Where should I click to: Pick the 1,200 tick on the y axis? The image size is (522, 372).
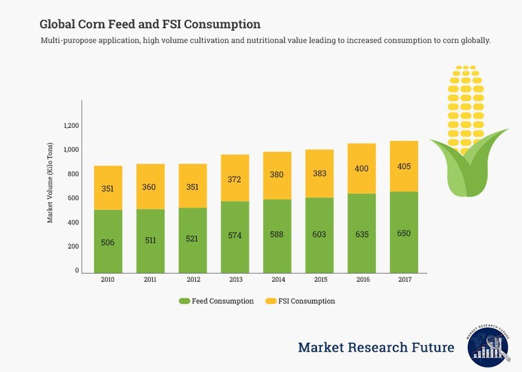point(71,126)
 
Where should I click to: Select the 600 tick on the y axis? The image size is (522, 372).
point(73,198)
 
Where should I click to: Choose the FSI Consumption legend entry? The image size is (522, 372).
point(300,302)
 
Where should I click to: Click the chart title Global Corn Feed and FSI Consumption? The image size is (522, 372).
point(150,24)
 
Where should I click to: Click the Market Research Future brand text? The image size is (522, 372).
point(376,347)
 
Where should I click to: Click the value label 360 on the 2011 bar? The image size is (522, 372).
point(150,187)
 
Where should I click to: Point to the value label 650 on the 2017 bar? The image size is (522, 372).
point(403,234)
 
